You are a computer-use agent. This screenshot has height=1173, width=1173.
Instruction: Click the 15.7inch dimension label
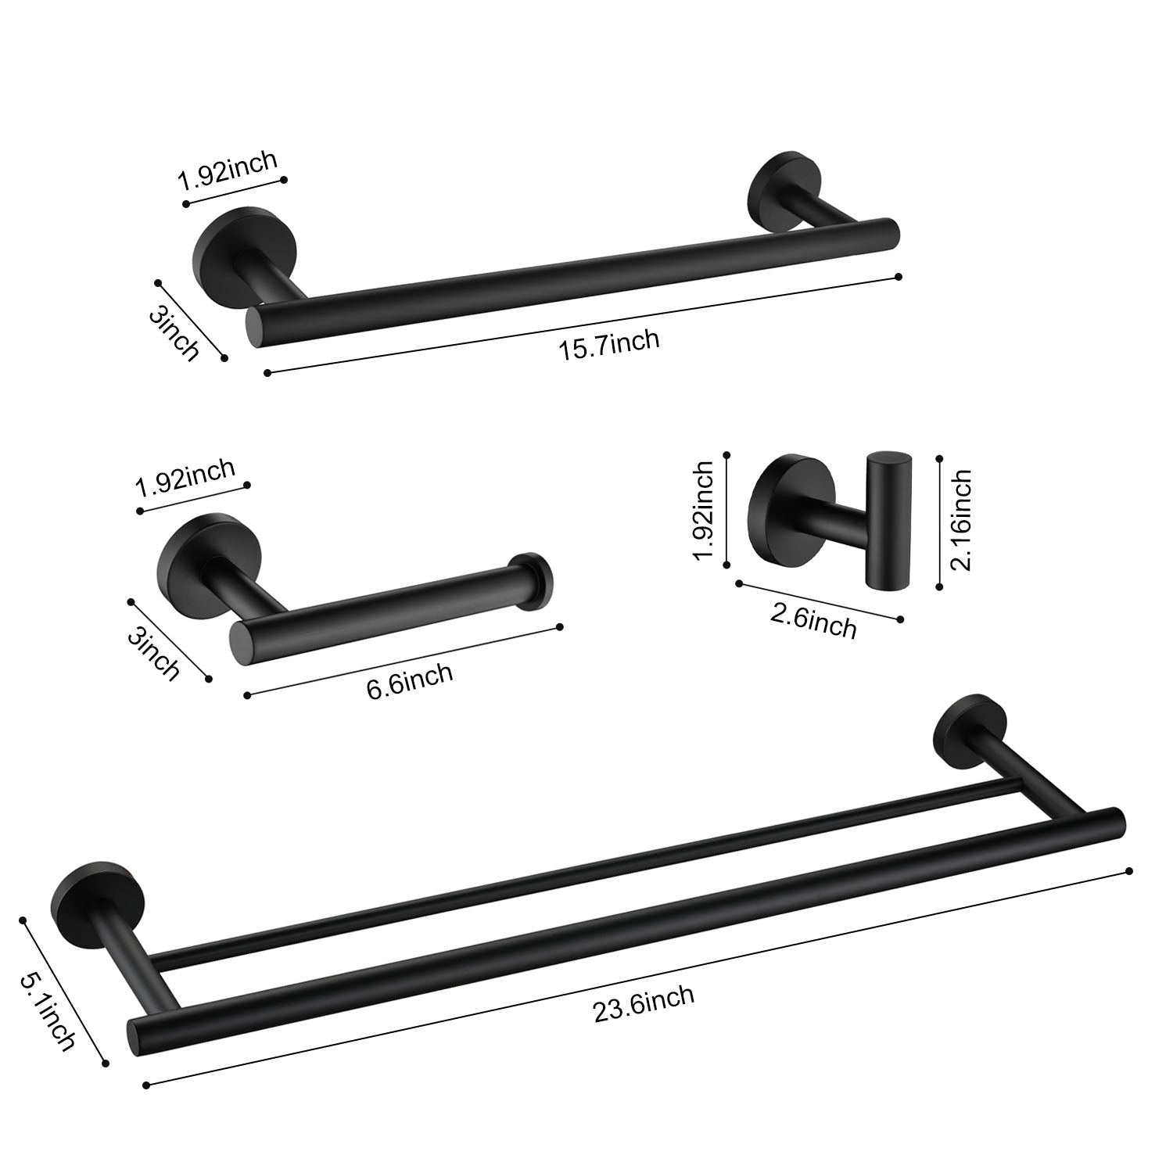point(608,345)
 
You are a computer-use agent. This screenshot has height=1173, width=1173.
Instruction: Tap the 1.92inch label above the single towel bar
point(228,171)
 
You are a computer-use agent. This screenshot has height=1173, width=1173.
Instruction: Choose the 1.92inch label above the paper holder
point(185,479)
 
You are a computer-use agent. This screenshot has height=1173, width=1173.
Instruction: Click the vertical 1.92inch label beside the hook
point(702,511)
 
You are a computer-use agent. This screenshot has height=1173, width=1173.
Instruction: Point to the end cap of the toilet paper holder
point(531,580)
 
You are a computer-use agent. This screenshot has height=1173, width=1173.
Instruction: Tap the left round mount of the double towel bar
point(81,897)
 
